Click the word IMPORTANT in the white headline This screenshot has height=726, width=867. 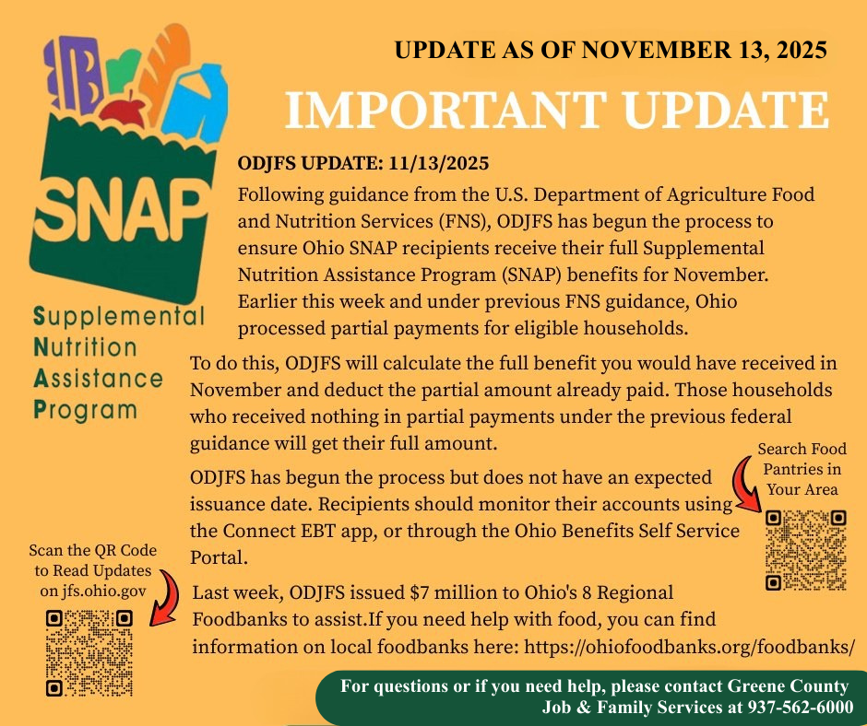point(445,109)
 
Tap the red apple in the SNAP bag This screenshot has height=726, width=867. point(124,111)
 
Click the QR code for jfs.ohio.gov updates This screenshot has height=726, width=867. point(89,652)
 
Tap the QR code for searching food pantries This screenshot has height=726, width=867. point(806,550)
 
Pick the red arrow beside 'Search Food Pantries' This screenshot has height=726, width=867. point(744,485)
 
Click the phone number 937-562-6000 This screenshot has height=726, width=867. point(801,708)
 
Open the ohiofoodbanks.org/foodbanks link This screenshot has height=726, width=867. point(689,647)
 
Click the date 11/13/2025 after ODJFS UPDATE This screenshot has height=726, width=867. point(438,164)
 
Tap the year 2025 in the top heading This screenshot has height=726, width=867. point(802,50)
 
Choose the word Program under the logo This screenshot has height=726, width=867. point(85,411)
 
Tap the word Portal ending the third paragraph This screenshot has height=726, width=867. point(219,557)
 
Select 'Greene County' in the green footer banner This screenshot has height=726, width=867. point(788,686)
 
